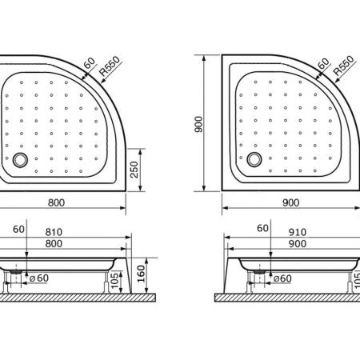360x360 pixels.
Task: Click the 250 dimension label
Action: [134, 170]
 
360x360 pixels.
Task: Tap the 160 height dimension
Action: [141, 274]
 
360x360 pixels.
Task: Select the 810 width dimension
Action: [54, 232]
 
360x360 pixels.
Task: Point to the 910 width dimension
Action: [298, 232]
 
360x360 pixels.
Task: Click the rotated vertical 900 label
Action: [198, 124]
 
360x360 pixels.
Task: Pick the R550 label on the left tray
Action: [110, 66]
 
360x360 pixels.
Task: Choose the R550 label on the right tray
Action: [343, 66]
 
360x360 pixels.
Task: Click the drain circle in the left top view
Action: [20, 160]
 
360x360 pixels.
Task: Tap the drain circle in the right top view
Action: [254, 159]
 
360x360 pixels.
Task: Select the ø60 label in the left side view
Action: [39, 278]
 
